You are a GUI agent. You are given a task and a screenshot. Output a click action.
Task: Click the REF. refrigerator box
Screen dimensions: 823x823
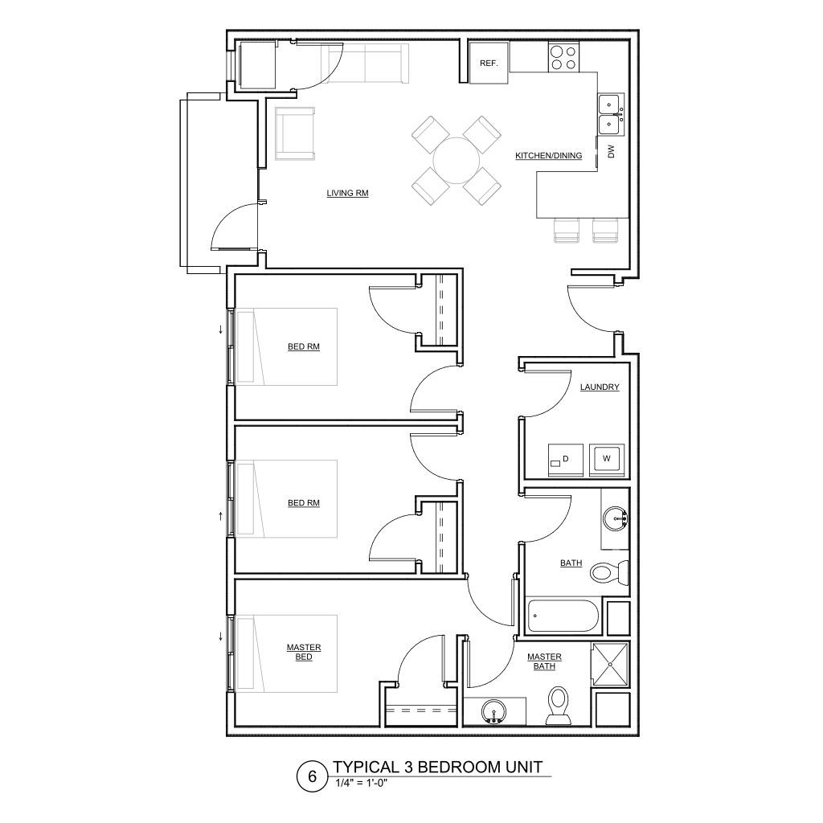(x=489, y=63)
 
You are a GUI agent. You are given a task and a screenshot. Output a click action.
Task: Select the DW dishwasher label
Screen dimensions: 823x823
(x=611, y=150)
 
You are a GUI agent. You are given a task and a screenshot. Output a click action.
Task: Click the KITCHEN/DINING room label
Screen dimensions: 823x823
(x=548, y=156)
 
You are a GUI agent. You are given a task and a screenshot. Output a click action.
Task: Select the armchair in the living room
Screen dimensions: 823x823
(x=295, y=133)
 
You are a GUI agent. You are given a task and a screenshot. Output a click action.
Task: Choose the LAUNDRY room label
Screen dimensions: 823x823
(x=600, y=387)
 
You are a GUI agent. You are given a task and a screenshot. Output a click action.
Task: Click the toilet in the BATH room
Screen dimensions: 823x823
(x=608, y=572)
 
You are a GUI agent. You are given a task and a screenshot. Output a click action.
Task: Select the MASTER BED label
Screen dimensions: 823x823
(x=304, y=652)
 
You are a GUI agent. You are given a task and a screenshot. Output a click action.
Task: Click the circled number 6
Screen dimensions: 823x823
(x=312, y=777)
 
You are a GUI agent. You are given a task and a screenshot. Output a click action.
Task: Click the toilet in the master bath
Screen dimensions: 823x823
(x=558, y=704)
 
